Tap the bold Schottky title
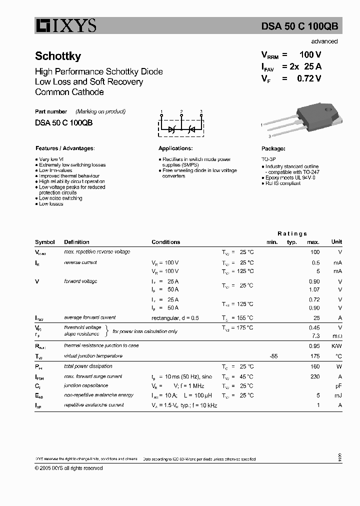[58, 56]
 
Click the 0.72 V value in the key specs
[309, 78]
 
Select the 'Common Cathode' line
[69, 92]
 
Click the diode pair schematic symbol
[181, 128]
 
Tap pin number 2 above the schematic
[181, 111]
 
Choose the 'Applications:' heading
[175, 148]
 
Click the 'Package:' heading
[273, 148]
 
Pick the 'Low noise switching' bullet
[60, 198]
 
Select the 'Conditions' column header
[165, 242]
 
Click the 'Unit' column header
[336, 242]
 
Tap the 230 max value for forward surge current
[314, 376]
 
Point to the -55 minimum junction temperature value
[273, 356]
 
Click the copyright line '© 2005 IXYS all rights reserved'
[69, 468]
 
